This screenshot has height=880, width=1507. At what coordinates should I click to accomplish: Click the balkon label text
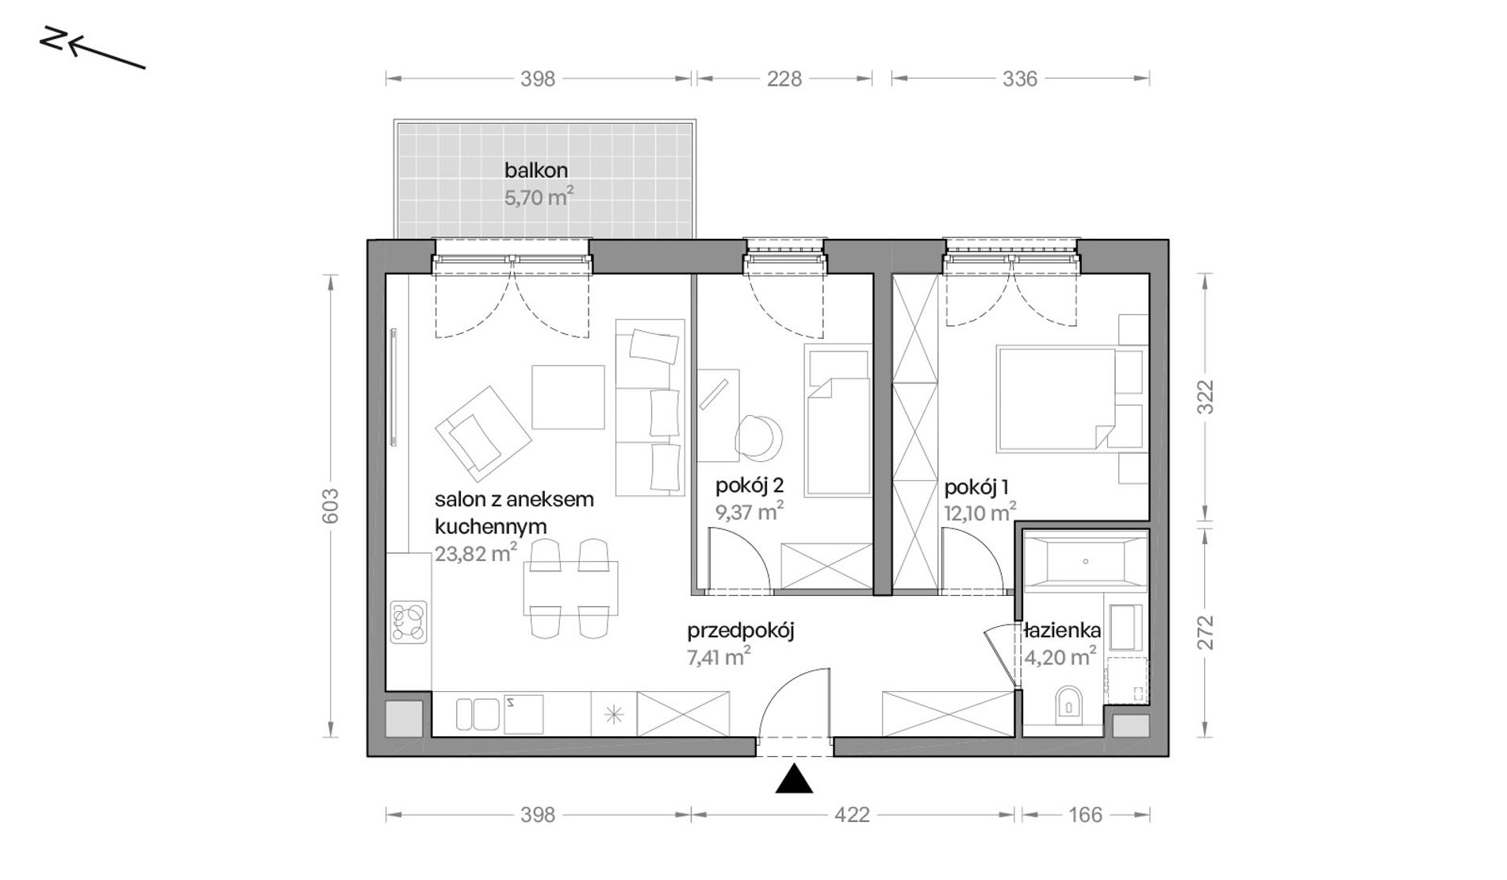(536, 170)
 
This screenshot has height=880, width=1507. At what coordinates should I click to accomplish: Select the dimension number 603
(331, 505)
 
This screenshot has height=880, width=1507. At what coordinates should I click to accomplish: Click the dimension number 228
(784, 79)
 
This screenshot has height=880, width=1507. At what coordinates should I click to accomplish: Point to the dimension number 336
(1020, 79)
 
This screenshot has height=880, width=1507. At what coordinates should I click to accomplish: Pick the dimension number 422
(852, 814)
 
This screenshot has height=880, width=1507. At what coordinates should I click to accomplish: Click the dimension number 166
(1085, 814)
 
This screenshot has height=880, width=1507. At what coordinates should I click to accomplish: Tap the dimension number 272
(1205, 632)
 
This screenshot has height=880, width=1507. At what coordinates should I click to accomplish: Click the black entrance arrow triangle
(794, 780)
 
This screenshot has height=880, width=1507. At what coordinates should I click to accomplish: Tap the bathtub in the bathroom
(1085, 562)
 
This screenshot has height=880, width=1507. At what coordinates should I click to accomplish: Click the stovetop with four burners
(408, 622)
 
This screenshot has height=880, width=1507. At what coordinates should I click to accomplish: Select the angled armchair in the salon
(482, 433)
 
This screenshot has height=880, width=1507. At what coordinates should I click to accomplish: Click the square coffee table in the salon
(568, 397)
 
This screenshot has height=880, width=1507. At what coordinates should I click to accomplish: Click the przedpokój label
(741, 632)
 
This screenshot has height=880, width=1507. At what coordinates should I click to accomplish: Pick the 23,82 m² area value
(476, 553)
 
